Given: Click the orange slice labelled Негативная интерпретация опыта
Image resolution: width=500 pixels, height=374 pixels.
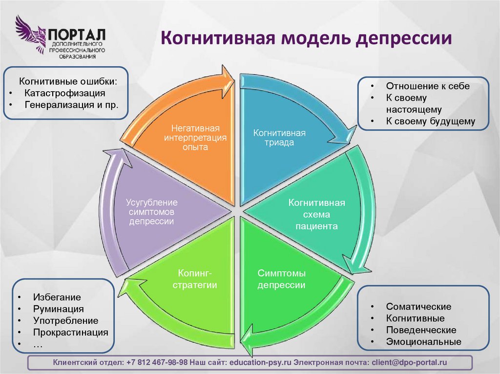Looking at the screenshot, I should coord(195,141).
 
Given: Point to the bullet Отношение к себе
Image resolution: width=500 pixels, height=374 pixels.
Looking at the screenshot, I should coord(428,86).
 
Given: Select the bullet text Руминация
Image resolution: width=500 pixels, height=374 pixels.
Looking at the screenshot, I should coord(59,309).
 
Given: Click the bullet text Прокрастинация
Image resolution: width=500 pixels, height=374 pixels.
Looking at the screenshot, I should coord(71,332).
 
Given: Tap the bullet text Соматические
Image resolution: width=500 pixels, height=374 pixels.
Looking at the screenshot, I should coord(418,307).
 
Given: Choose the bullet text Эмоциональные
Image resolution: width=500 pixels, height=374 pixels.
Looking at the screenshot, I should coord(423,342).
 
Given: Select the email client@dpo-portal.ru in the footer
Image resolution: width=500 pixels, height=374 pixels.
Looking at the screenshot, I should coord(409,362).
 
